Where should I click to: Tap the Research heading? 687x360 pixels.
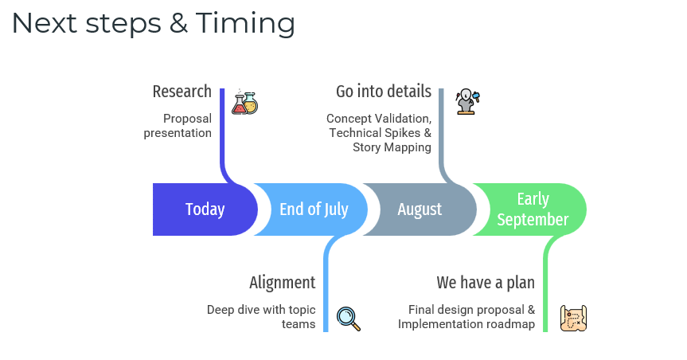[182, 92]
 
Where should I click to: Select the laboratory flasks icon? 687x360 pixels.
[245, 102]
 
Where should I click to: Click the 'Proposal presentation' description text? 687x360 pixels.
[178, 126]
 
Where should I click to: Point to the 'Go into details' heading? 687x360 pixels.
[384, 92]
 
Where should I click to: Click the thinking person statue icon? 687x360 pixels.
[468, 102]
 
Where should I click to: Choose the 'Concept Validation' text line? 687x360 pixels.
[379, 119]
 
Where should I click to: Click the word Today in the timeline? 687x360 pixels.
[205, 209]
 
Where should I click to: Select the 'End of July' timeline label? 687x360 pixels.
[314, 209]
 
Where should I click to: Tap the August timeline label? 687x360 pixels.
[420, 209]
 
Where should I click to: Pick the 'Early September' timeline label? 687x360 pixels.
[533, 209]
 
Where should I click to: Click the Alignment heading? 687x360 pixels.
[282, 283]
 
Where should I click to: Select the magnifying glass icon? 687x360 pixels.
[349, 319]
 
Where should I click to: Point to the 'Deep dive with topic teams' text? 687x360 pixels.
[261, 317]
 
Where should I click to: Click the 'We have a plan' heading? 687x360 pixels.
[486, 283]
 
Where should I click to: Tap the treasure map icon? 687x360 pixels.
[573, 318]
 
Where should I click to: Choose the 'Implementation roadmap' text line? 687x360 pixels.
[466, 324]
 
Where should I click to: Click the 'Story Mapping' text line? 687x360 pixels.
[392, 147]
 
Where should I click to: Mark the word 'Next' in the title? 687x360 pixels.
[45, 24]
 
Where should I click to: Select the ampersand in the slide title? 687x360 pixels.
[178, 24]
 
